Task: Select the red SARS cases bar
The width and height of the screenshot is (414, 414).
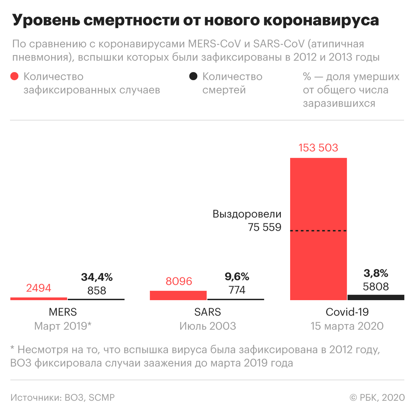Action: pos(178,295)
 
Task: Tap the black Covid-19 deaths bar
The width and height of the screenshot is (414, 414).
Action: pos(376,297)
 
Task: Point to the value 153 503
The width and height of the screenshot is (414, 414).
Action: pos(318,148)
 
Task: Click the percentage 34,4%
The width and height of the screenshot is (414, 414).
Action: pos(97,277)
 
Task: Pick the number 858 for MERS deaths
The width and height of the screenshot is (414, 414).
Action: pos(97,290)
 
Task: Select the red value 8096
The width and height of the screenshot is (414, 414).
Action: pos(179,281)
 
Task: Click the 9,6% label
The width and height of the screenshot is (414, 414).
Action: pos(237,276)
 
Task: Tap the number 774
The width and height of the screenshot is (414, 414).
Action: pos(237,290)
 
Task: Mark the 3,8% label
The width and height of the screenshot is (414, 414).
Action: pos(376,273)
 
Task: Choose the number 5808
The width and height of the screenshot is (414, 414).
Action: pos(376,286)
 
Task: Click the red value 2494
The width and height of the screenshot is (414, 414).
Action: pos(39,288)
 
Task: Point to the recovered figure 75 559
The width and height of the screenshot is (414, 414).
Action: pos(265,227)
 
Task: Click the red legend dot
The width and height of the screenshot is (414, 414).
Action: pos(14,76)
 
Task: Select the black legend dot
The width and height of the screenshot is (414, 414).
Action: pos(194,76)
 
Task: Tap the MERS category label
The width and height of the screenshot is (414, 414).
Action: pos(63,312)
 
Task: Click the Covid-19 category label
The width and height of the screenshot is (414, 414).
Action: pos(347,312)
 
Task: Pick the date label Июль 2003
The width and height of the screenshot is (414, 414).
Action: pos(208,326)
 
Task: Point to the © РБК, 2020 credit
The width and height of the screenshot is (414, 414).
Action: pos(377,397)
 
